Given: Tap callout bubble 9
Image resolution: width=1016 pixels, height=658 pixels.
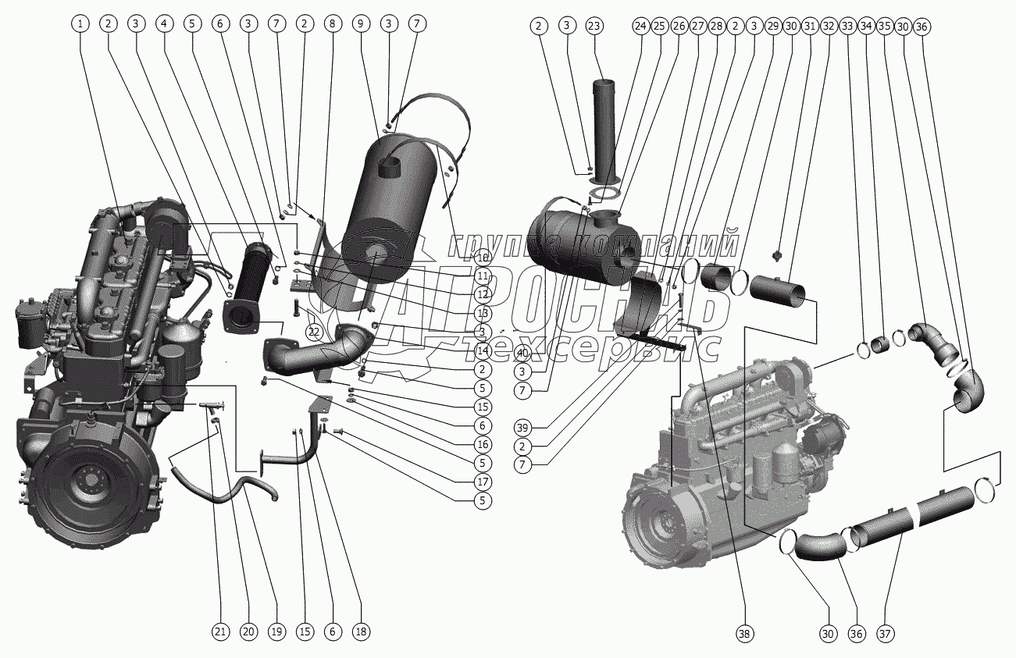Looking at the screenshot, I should coord(360,24).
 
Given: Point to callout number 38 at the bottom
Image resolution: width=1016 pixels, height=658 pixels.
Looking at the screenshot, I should coord(744,635).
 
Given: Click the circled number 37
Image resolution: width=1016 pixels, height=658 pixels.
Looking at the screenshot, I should coord(884,635).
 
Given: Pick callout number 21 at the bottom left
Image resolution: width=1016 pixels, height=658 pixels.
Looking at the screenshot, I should coord(222,631).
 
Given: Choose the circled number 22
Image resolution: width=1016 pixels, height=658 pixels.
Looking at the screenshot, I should coord(314,333).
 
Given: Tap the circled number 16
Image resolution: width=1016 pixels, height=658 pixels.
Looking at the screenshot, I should coord(483,444).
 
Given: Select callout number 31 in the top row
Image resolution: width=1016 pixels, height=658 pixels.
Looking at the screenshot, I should coord(810,27).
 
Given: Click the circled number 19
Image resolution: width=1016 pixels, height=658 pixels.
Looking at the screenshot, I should coord(276,631).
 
